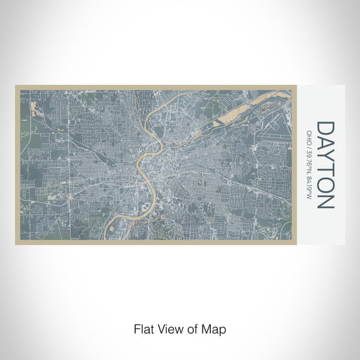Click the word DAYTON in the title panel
point(326,165)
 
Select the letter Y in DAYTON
point(326,157)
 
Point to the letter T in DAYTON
point(326,171)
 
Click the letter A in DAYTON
point(326,142)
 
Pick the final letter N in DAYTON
point(326,201)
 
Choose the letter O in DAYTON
point(326,186)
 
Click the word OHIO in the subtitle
point(309,134)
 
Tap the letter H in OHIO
point(309,132)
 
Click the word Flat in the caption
point(144,328)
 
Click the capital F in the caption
point(136,328)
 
